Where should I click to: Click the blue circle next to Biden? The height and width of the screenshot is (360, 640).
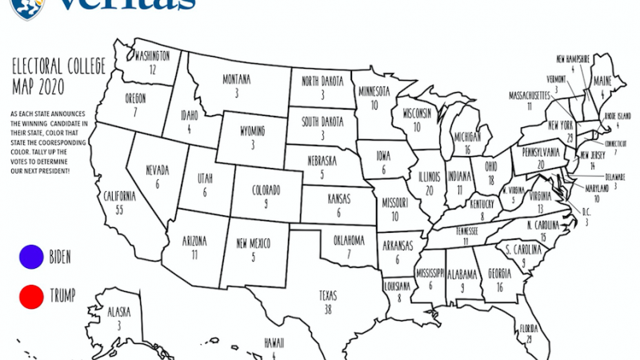click(31, 257)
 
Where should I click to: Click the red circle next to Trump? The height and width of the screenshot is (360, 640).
click(31, 298)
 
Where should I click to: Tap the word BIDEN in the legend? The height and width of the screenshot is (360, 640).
click(60, 257)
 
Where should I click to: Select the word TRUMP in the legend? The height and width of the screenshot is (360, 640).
click(62, 297)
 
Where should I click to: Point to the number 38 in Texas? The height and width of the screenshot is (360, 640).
click(326, 308)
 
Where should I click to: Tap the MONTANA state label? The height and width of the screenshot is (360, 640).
click(237, 79)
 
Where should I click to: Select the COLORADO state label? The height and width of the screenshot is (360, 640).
click(266, 190)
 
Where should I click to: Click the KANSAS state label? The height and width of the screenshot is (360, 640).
click(338, 198)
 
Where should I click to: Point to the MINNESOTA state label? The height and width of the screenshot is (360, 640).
click(374, 90)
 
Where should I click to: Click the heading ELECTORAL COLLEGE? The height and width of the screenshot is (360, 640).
click(54, 69)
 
